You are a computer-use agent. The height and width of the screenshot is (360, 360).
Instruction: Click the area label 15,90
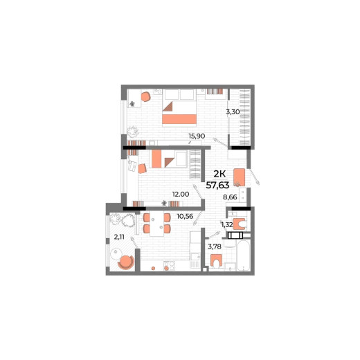tap(197, 136)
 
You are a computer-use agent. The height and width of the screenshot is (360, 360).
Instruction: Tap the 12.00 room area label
tap(181, 195)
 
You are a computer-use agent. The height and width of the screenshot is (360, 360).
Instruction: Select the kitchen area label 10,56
tap(185, 216)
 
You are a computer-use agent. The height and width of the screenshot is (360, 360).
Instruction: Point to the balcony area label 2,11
tap(119, 237)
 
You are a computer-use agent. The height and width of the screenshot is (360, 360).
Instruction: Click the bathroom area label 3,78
tap(215, 246)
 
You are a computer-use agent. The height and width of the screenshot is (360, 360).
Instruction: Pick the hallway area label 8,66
tap(230, 197)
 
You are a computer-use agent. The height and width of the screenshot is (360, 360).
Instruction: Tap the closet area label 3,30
tap(233, 112)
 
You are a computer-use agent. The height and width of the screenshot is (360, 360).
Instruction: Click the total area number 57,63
tap(217, 185)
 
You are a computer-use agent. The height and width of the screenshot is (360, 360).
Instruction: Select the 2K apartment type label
tap(219, 174)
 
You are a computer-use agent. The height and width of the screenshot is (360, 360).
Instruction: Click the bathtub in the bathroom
tap(244, 255)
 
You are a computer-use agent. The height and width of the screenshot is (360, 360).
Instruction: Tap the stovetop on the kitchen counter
tap(169, 266)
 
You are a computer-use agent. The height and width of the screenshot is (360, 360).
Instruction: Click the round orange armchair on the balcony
tap(126, 262)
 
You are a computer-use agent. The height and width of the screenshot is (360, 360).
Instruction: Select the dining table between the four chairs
tap(157, 224)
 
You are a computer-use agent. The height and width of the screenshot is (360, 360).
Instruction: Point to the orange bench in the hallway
tap(239, 177)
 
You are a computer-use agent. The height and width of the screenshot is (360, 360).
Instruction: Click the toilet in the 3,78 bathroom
tap(217, 261)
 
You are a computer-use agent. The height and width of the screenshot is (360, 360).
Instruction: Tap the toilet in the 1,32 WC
tap(240, 224)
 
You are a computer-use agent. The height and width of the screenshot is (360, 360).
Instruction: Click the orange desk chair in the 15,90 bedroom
tap(145, 97)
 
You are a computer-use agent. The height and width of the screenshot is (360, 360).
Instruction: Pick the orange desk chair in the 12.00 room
tap(142, 168)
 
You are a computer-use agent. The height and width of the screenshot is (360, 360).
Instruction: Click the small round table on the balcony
tap(116, 254)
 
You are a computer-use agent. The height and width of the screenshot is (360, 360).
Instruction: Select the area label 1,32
tap(227, 224)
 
